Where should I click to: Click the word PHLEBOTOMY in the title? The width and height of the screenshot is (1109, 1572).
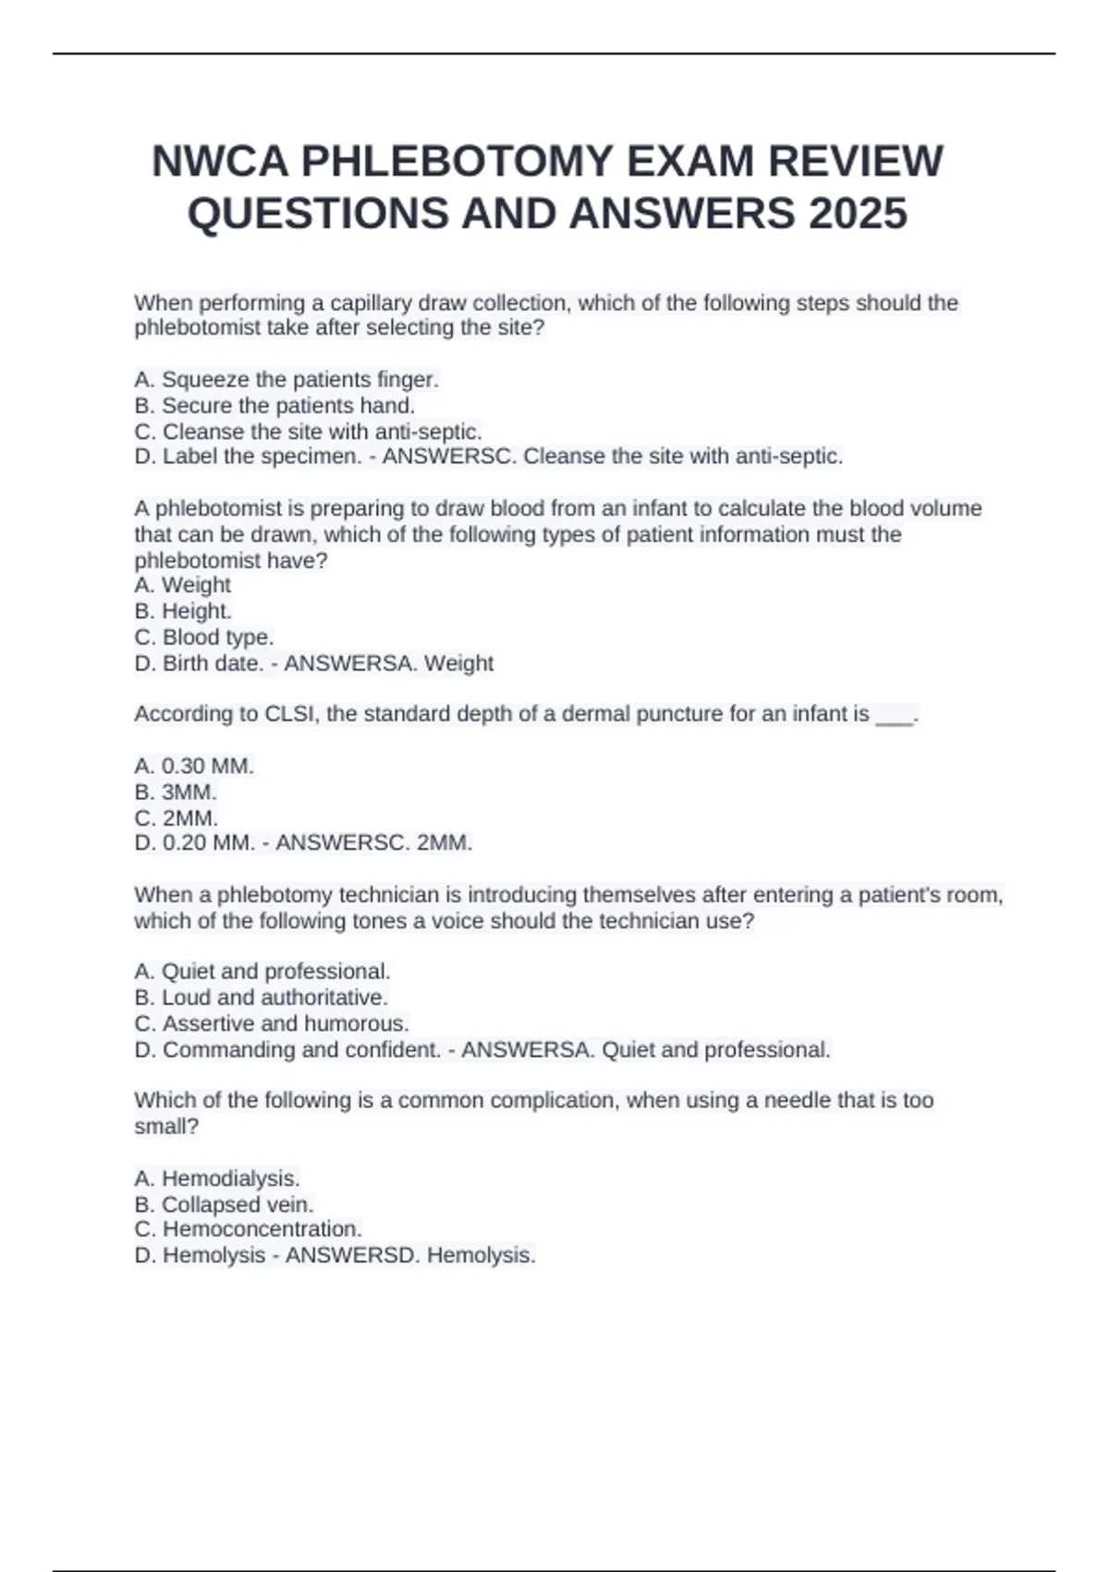click(x=458, y=162)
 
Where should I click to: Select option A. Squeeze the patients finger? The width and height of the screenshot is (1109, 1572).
click(x=286, y=379)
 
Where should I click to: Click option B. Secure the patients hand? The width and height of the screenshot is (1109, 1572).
click(x=274, y=405)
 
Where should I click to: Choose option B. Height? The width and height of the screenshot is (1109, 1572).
click(x=183, y=610)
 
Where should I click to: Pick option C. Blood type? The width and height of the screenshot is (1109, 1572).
click(x=204, y=637)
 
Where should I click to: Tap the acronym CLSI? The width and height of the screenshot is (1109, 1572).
click(x=291, y=714)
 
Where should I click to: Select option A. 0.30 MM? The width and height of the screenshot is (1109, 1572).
click(x=194, y=766)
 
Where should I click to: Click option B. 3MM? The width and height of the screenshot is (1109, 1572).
click(x=176, y=792)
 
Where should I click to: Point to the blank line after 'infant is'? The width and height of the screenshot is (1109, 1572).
click(x=894, y=715)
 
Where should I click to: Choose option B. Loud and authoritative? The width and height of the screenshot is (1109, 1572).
click(x=261, y=997)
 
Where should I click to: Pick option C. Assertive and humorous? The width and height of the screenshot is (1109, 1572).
click(x=272, y=1023)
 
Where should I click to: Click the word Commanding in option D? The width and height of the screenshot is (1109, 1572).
click(x=229, y=1050)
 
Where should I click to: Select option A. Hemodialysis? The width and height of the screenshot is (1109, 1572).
click(x=217, y=1178)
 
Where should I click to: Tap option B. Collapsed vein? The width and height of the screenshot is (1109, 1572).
click(x=225, y=1204)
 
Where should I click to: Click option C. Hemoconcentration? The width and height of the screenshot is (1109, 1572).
click(x=248, y=1229)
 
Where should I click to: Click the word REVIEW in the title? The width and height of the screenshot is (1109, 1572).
click(x=856, y=162)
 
